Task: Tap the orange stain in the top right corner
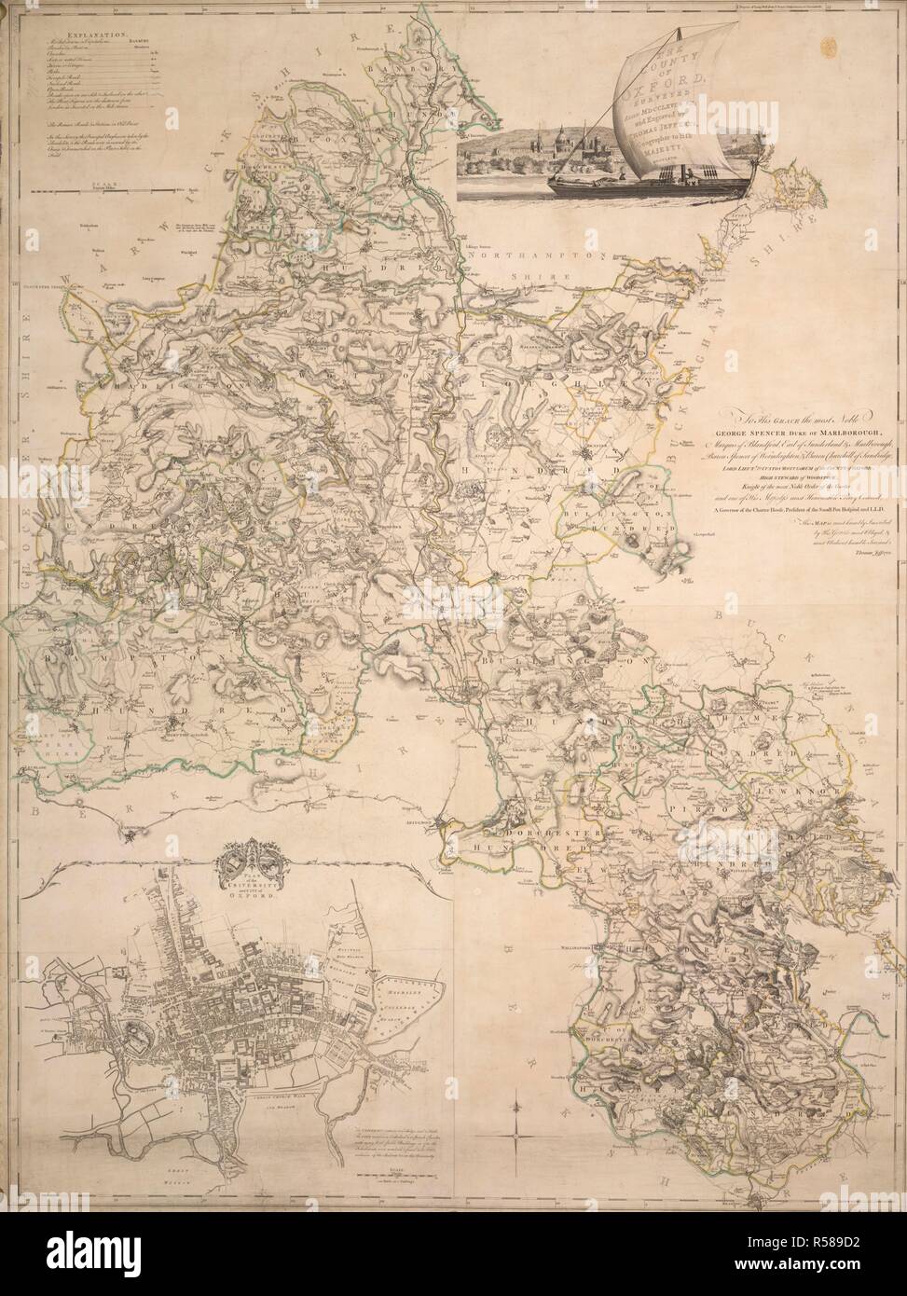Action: pyautogui.click(x=829, y=43)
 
